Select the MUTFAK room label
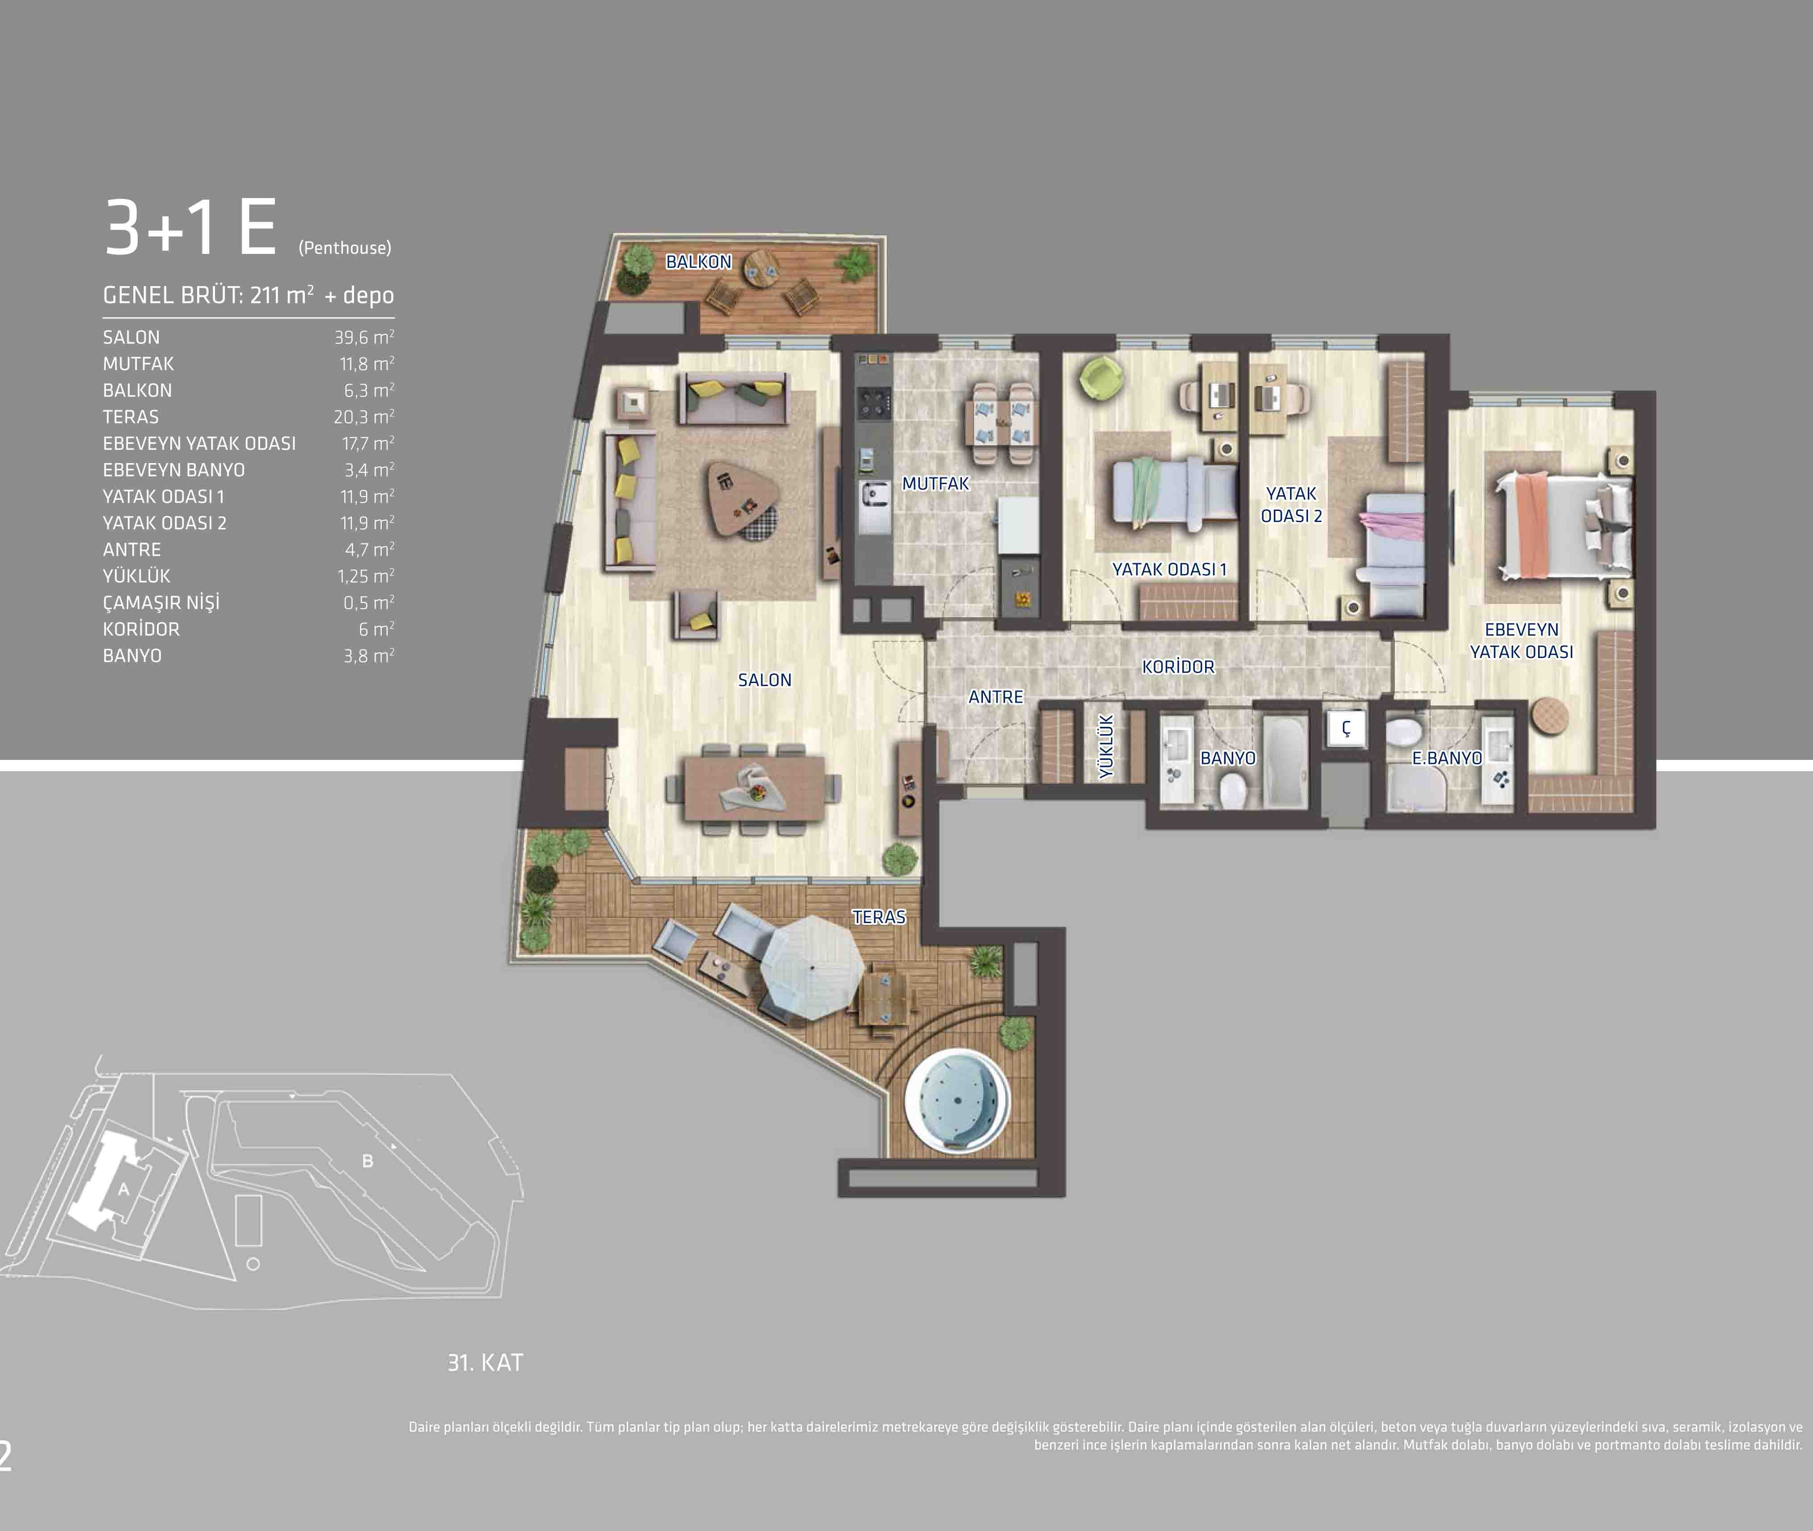pyautogui.click(x=936, y=483)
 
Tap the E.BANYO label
pyautogui.click(x=1447, y=758)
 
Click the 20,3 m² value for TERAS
pyautogui.click(x=364, y=417)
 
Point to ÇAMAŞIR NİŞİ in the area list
pyautogui.click(x=161, y=602)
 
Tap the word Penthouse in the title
pyautogui.click(x=345, y=248)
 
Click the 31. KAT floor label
pyautogui.click(x=485, y=1362)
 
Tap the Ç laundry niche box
pyautogui.click(x=1346, y=728)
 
